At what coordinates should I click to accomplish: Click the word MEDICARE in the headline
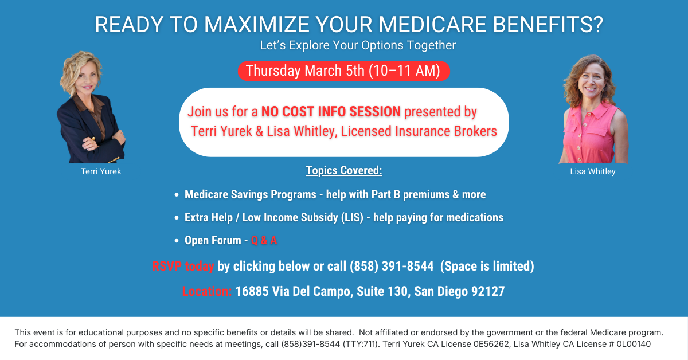click(x=432, y=24)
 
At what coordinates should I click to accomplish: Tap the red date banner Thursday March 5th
click(x=343, y=71)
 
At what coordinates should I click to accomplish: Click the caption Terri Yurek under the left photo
click(x=101, y=171)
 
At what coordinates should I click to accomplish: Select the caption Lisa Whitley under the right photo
click(x=593, y=171)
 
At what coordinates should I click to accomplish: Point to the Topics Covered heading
click(x=344, y=170)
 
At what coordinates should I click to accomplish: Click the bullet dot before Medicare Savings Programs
click(x=177, y=195)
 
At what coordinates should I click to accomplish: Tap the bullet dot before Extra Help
click(x=177, y=218)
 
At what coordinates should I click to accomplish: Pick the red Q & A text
click(x=264, y=240)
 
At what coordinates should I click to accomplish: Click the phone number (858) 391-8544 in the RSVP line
click(x=392, y=266)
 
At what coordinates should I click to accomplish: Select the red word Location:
click(x=207, y=291)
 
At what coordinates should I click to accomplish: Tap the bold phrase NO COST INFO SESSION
click(x=331, y=112)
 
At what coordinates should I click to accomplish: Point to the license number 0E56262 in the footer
click(x=491, y=344)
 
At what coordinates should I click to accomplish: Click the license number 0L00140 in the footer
click(x=634, y=344)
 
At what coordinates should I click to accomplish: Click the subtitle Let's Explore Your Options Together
click(x=358, y=45)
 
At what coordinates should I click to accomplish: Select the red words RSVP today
click(x=183, y=266)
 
